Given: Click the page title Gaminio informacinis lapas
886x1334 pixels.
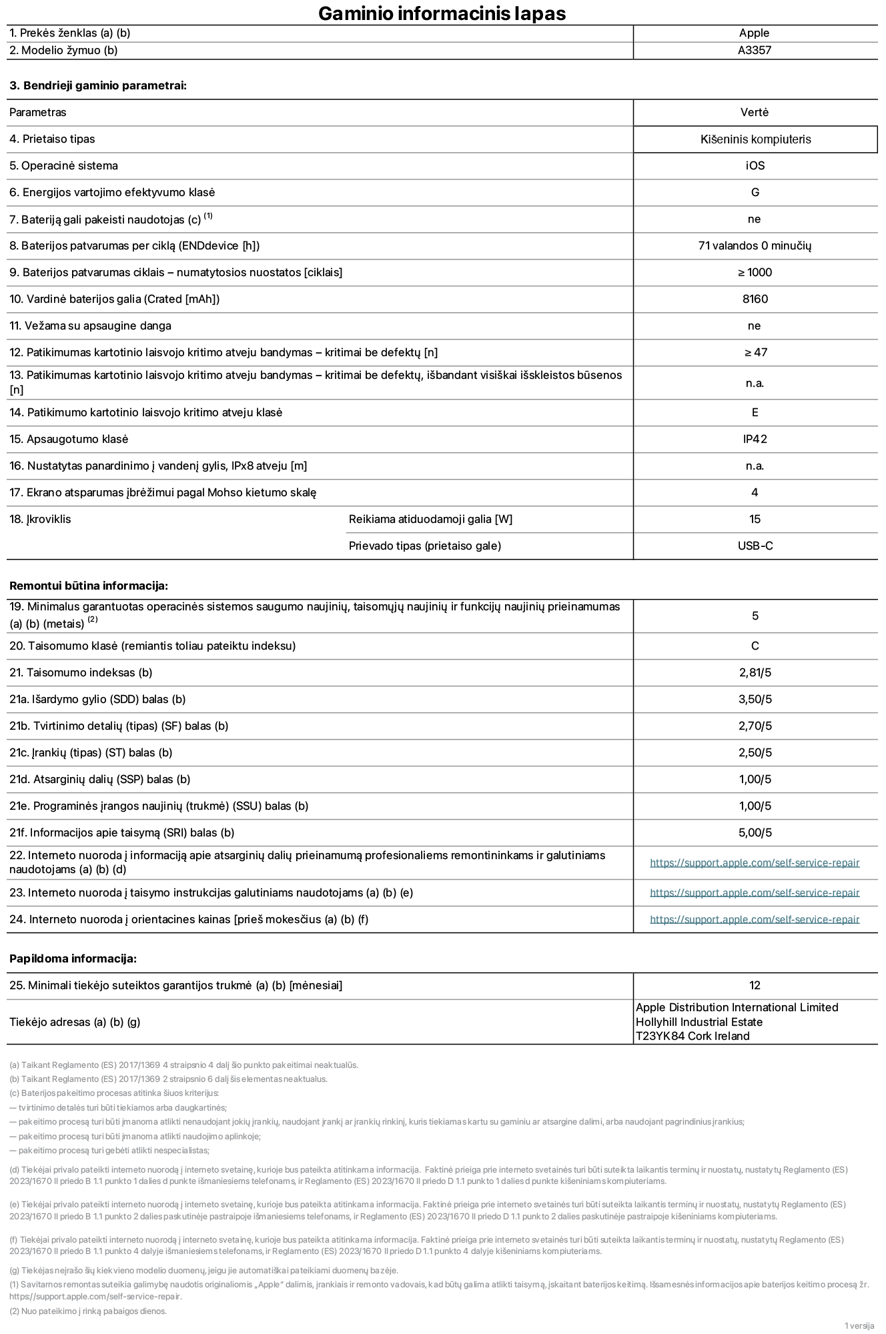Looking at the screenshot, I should tap(442, 13).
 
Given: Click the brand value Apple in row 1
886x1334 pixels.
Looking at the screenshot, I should tap(754, 33).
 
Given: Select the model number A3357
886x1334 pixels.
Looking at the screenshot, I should tap(754, 51).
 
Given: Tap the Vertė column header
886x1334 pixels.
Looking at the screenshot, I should tap(754, 113).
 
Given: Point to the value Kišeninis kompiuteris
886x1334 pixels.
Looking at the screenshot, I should tap(755, 139).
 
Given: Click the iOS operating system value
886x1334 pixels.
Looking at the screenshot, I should tap(755, 166).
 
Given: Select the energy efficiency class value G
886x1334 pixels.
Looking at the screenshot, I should tap(755, 193).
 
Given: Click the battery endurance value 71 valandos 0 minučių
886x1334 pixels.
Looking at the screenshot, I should tap(755, 246).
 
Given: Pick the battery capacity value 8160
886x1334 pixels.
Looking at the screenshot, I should tap(755, 299).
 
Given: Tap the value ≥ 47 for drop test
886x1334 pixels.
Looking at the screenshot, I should tap(755, 353).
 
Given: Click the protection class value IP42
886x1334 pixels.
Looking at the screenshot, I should tap(755, 440).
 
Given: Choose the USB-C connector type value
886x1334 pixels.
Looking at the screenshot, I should tap(755, 546).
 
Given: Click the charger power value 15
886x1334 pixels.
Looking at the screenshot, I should tap(755, 520).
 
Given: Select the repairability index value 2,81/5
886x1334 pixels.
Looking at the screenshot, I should tap(755, 673).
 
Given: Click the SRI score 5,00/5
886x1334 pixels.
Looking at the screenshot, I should tap(755, 833).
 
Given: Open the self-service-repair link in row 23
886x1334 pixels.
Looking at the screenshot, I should tap(754, 893).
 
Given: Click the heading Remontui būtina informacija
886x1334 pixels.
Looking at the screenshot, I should tap(89, 586).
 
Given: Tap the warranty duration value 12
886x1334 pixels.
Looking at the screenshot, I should tap(755, 986).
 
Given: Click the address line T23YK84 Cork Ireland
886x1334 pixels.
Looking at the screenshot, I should tap(692, 1037).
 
